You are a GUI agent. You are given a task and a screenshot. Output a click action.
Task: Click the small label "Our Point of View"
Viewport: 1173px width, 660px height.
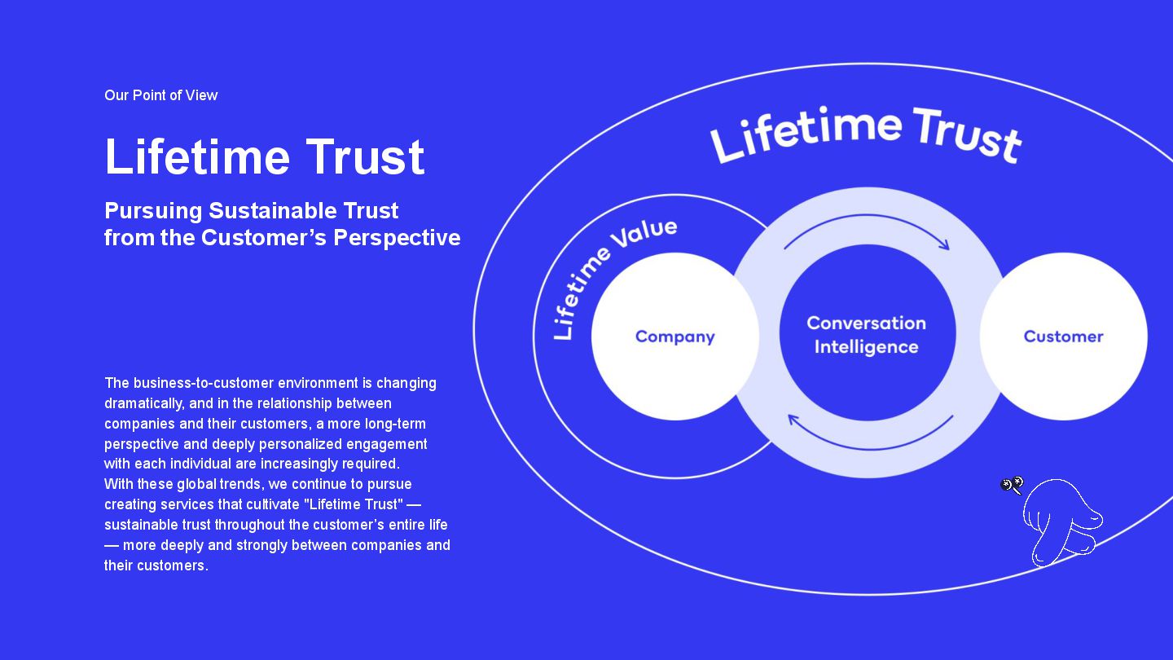tap(160, 95)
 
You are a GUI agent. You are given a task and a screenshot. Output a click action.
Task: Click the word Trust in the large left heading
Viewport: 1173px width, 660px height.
tap(365, 156)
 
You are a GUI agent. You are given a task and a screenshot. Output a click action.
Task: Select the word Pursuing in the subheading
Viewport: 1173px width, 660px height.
tap(153, 211)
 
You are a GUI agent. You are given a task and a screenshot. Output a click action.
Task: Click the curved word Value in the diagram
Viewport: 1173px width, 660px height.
tap(644, 234)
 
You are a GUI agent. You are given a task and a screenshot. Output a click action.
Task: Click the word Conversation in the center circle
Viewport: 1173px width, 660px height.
tap(866, 323)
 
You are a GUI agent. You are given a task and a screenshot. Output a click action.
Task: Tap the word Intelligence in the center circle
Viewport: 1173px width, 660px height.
tap(866, 347)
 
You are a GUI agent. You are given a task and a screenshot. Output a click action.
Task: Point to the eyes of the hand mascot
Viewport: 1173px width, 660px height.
tap(1012, 486)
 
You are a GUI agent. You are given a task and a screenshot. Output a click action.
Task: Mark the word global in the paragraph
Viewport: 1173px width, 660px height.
tap(195, 484)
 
